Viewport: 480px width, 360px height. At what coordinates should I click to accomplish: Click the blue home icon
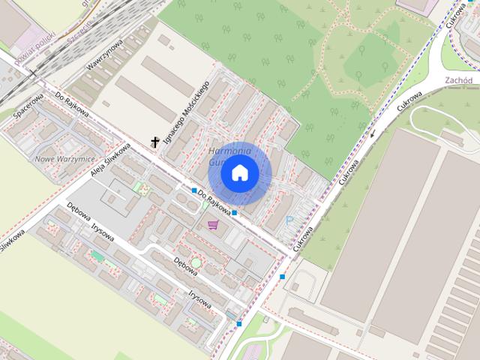(x=239, y=172)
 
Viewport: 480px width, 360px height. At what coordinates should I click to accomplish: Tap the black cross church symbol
(x=156, y=141)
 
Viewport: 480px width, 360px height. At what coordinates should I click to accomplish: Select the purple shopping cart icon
(x=214, y=224)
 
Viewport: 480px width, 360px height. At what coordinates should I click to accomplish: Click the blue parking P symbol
(x=290, y=221)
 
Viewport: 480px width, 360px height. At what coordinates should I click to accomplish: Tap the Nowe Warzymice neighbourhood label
(x=63, y=158)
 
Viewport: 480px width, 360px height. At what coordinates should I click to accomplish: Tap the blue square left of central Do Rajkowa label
(x=194, y=190)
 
